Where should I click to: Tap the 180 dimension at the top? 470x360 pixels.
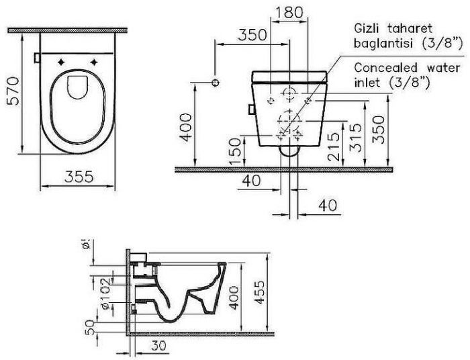(x=289, y=13)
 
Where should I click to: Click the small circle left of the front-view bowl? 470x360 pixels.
(x=216, y=83)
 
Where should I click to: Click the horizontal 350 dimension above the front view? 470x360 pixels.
(x=251, y=35)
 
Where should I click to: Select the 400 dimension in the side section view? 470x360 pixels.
(x=234, y=296)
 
